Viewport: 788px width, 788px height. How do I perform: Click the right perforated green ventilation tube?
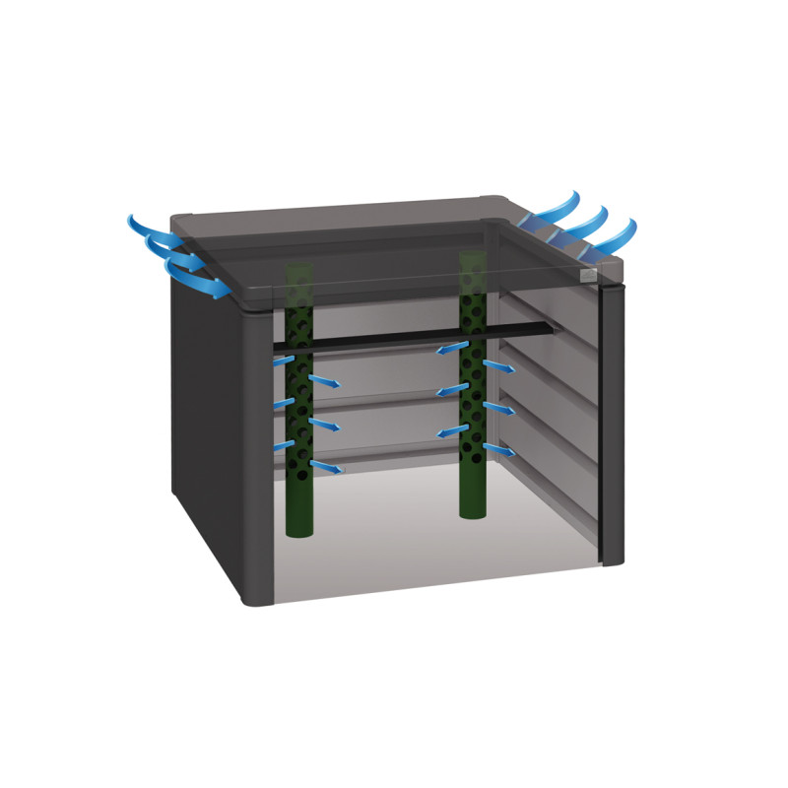tap(474, 414)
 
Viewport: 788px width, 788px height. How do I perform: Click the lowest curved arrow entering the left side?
tap(202, 282)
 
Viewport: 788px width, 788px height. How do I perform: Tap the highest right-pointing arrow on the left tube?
tap(325, 381)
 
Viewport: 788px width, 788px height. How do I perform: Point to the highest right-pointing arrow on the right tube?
tap(498, 366)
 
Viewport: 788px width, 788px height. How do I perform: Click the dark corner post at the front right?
tap(612, 424)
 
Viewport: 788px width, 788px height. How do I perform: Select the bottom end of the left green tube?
tap(298, 529)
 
